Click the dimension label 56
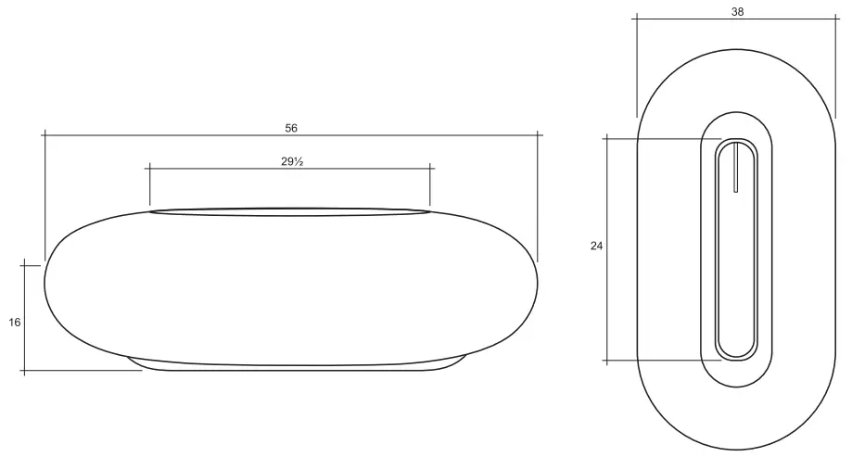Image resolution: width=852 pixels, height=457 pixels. click(x=291, y=127)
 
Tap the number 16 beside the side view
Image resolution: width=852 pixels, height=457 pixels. click(x=14, y=322)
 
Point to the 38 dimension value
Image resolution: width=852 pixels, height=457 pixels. click(x=737, y=12)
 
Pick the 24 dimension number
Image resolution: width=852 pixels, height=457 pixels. click(x=596, y=246)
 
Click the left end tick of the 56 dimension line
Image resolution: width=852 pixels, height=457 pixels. click(x=44, y=135)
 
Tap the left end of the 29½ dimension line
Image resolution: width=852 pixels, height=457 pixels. click(x=148, y=168)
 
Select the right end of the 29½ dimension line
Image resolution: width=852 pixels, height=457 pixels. click(x=430, y=168)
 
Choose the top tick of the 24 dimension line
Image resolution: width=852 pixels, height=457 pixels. click(x=607, y=139)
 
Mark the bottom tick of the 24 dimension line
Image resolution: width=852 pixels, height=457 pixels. click(x=607, y=360)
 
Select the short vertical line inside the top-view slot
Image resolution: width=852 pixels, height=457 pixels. click(x=735, y=168)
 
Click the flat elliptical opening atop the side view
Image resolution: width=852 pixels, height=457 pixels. click(x=289, y=211)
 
